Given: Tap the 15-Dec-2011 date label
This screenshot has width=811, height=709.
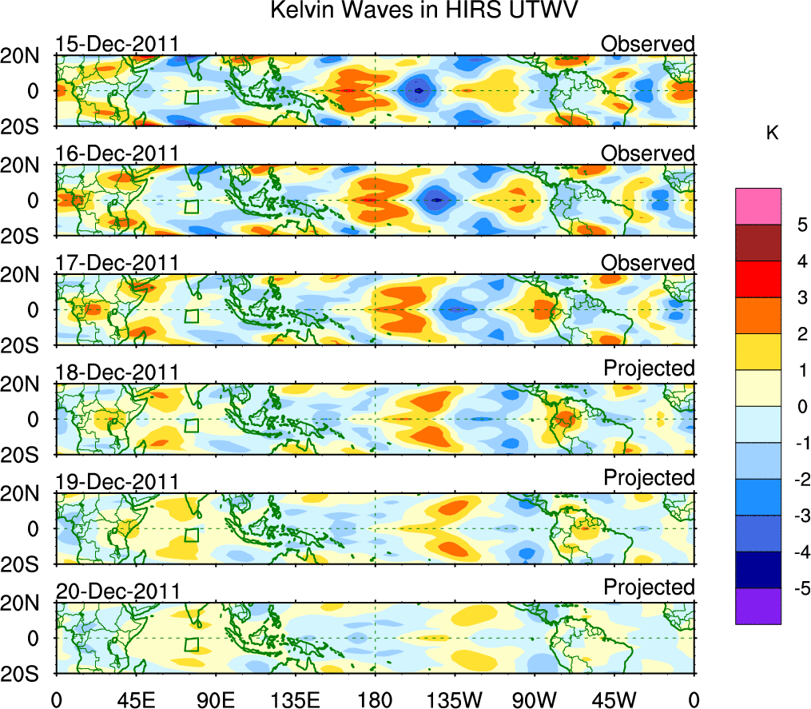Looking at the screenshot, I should pyautogui.click(x=117, y=44).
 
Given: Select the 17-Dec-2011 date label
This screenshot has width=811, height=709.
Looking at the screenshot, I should pyautogui.click(x=117, y=263).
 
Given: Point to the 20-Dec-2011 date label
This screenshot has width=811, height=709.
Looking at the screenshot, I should pyautogui.click(x=117, y=591).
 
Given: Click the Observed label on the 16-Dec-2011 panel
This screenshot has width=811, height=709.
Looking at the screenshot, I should pyautogui.click(x=648, y=153).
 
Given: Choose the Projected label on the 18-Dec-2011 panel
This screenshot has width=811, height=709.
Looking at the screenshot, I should pyautogui.click(x=649, y=368).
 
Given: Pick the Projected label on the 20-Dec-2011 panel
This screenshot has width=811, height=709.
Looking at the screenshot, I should pyautogui.click(x=649, y=587).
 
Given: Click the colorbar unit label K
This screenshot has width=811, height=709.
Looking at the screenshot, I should pyautogui.click(x=772, y=133).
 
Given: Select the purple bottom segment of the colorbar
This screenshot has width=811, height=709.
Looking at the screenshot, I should pyautogui.click(x=757, y=606).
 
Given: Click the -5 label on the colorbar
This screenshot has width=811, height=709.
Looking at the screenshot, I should pyautogui.click(x=795, y=588).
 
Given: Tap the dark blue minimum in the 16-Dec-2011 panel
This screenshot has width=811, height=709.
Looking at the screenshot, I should pyautogui.click(x=436, y=200).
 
